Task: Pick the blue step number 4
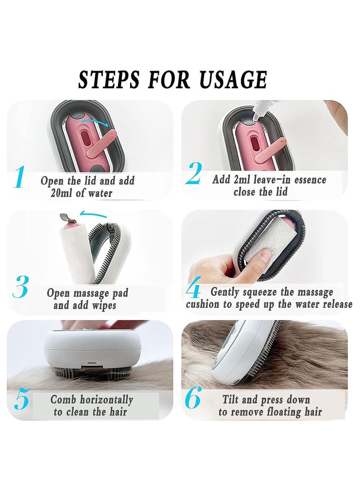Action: click(x=193, y=291)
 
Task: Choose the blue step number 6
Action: click(x=193, y=399)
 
